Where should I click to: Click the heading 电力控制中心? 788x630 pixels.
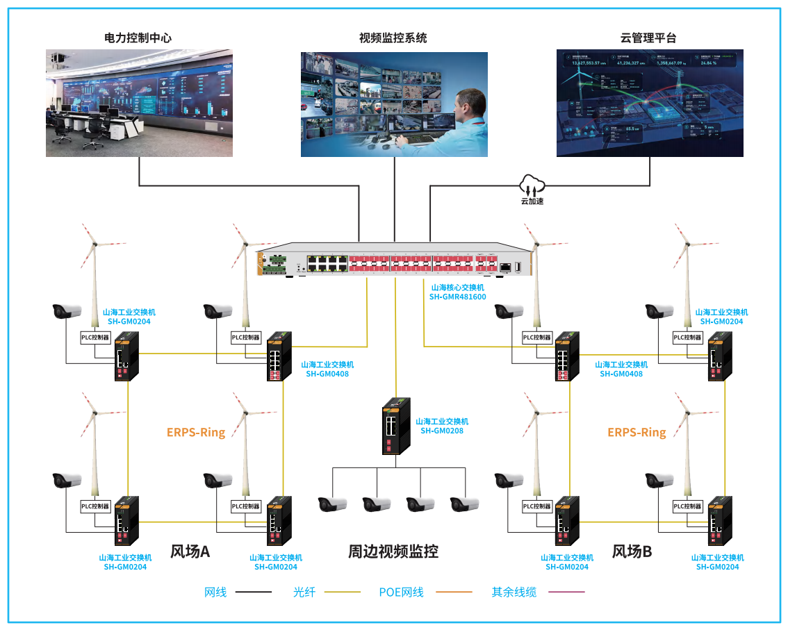[x=138, y=38]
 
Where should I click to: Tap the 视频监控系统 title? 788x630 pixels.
[x=393, y=38]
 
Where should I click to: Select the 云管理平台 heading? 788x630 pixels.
[x=648, y=38]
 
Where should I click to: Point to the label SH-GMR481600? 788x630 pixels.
[x=458, y=297]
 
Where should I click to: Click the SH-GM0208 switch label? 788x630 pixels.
[x=442, y=431]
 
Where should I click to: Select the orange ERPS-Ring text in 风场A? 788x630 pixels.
[x=196, y=432]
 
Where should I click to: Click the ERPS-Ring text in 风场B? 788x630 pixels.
[x=637, y=432]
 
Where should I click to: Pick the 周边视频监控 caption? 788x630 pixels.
[x=393, y=552]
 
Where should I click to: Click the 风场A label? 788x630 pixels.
[x=190, y=552]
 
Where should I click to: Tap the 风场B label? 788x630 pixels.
[x=632, y=552]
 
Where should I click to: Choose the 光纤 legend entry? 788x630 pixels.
[x=304, y=592]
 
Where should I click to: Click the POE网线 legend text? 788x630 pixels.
[x=401, y=592]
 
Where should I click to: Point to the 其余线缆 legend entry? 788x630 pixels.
[x=514, y=592]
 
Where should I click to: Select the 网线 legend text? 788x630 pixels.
[x=215, y=592]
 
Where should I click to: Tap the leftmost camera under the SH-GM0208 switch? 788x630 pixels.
[x=332, y=504]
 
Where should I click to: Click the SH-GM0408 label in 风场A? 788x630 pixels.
[x=327, y=374]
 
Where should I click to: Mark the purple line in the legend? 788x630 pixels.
[x=566, y=592]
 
